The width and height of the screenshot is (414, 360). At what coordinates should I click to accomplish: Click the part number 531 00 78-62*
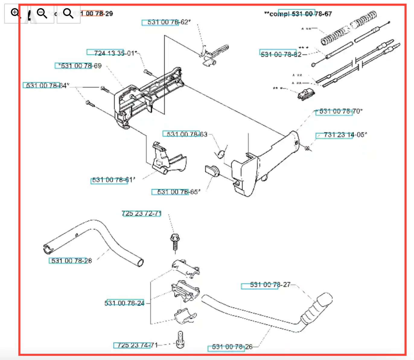coord(169,22)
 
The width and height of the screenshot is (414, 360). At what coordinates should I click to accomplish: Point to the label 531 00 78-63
coord(187,134)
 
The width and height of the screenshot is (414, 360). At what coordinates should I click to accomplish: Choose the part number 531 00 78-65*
coord(178,192)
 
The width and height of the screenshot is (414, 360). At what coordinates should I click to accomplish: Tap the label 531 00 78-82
coord(281,54)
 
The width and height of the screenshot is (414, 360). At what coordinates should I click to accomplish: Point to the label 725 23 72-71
coord(142,214)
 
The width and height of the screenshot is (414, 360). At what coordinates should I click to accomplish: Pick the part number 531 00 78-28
coord(72,261)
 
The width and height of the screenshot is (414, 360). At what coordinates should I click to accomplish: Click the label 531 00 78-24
coord(125,303)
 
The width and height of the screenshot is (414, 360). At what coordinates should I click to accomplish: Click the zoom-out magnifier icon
coord(42,13)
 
